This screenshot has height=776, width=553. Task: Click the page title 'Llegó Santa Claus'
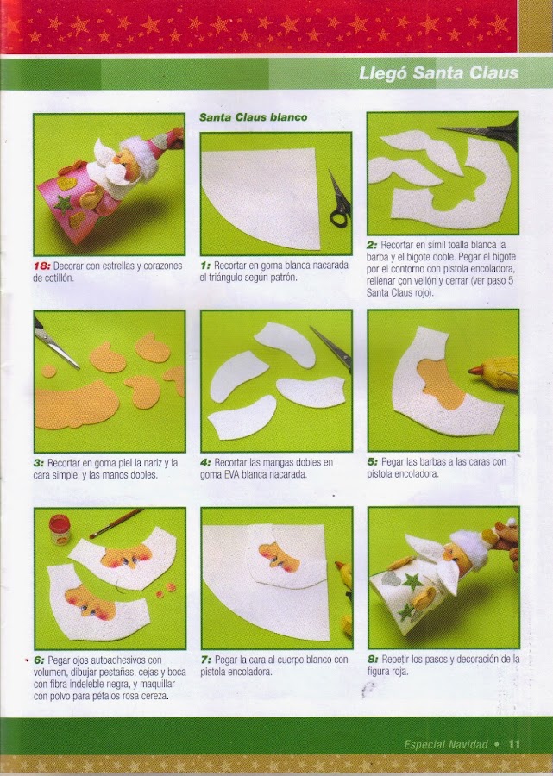438,74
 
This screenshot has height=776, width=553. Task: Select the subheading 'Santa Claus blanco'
253,117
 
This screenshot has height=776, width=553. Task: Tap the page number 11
514,744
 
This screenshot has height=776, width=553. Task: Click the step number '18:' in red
41,266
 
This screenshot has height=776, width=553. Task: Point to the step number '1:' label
205,266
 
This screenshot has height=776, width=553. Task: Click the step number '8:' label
373,660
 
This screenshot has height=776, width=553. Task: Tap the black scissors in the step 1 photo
340,200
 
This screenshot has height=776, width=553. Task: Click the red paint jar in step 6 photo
60,529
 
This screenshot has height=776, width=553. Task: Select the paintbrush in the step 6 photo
116,523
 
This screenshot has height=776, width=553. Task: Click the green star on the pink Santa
63,204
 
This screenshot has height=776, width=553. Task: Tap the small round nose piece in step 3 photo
48,371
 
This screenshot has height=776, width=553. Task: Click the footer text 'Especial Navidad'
445,744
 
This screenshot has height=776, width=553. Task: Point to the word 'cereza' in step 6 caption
153,696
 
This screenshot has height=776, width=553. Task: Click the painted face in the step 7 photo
280,557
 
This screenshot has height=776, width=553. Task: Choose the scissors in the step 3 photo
55,344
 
